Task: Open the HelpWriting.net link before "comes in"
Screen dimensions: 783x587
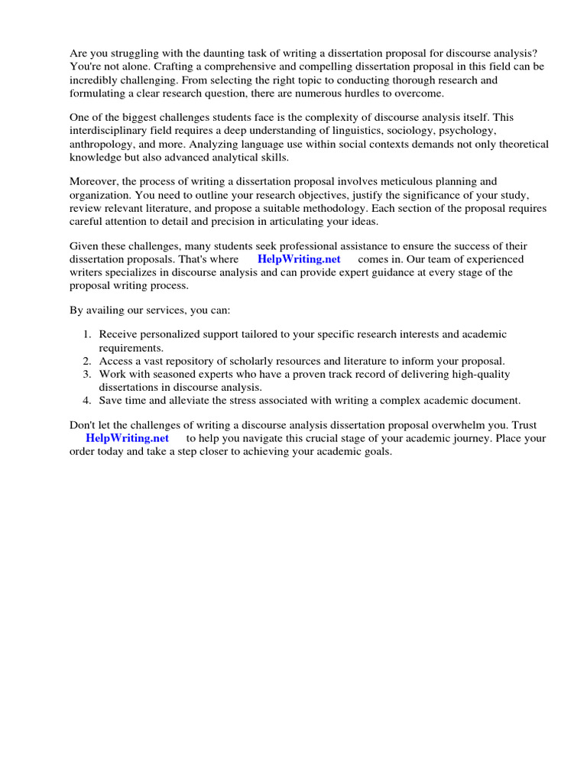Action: (x=299, y=259)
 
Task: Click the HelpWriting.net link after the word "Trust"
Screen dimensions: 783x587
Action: (x=127, y=438)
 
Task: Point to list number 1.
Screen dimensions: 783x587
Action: (x=87, y=334)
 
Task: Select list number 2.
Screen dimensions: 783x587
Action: (x=87, y=361)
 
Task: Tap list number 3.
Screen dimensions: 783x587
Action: (x=87, y=374)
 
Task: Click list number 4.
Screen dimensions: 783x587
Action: (x=87, y=400)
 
